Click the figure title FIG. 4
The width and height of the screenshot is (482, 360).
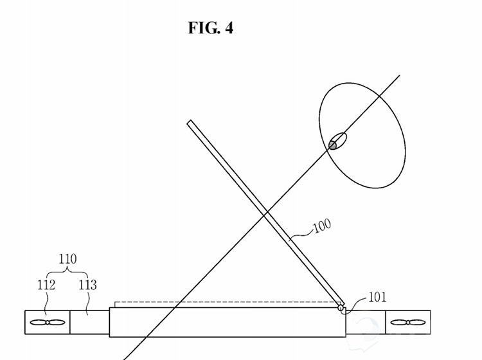[211, 28]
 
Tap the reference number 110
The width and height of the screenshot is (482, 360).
[67, 259]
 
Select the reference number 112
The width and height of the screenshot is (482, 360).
[46, 285]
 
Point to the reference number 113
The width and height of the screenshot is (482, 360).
[87, 285]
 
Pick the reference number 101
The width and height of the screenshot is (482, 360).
[378, 297]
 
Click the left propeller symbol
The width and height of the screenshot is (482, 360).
[47, 323]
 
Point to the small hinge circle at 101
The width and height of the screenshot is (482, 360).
[341, 308]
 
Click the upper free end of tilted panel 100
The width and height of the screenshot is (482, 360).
[190, 122]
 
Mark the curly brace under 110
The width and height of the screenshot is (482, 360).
[67, 271]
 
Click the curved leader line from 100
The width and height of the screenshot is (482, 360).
[302, 233]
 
